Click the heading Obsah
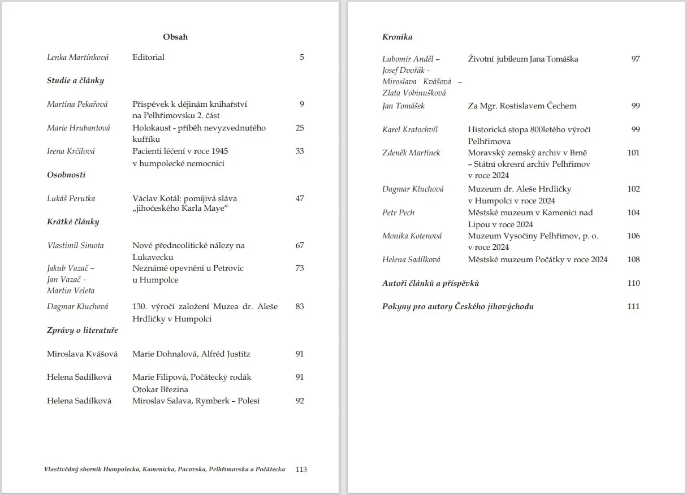[175, 37]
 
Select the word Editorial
[148, 57]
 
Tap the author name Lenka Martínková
[77, 57]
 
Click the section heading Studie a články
[75, 80]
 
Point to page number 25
[300, 128]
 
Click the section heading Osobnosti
[66, 175]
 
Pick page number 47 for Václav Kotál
[300, 198]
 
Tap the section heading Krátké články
[73, 222]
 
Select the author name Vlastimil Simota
[75, 245]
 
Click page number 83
[300, 306]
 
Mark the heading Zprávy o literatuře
[83, 330]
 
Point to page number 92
[300, 401]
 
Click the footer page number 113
[301, 469]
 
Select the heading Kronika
[397, 37]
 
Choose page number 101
[633, 153]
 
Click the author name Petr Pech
[399, 212]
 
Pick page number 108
[633, 259]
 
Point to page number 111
[633, 306]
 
